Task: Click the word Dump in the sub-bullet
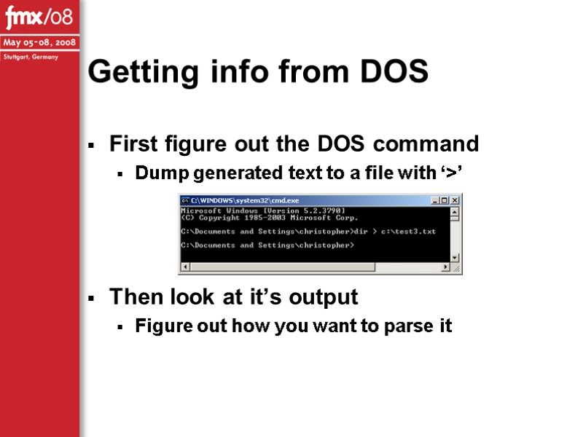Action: pos(156,173)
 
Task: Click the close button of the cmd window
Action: pos(455,200)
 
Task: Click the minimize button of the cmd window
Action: pos(435,200)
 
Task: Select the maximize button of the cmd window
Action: pos(445,200)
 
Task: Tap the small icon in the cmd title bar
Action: pos(185,200)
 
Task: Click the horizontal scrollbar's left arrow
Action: pos(184,267)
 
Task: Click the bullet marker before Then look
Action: pos(91,299)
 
